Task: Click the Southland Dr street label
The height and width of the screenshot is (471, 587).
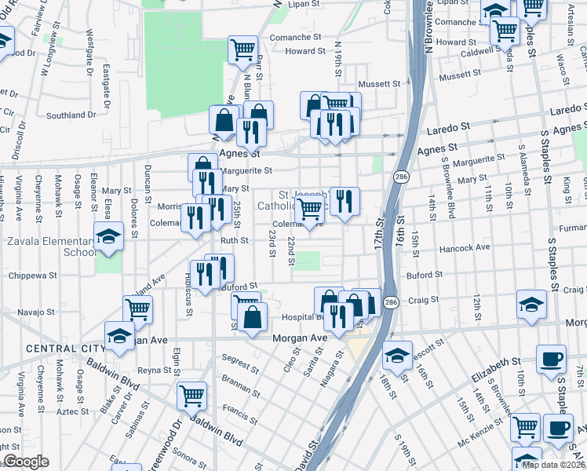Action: tap(71, 115)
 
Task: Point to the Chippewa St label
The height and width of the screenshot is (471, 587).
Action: tap(32, 276)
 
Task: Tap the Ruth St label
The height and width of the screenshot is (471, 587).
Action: tap(234, 241)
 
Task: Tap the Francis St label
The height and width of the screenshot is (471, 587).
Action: tap(235, 409)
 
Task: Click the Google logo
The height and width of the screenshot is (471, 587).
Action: tap(26, 462)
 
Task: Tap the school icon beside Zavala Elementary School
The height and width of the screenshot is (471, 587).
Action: tap(108, 236)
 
